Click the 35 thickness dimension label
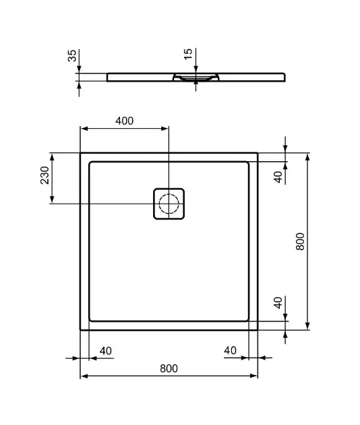(x=72, y=55)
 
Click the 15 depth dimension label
(x=188, y=54)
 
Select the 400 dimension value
(x=124, y=121)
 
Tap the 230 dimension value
(x=44, y=175)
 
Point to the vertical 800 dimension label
(x=300, y=242)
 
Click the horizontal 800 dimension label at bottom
(x=169, y=368)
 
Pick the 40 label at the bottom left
(x=106, y=351)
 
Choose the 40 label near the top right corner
(x=278, y=177)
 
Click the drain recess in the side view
(x=196, y=77)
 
